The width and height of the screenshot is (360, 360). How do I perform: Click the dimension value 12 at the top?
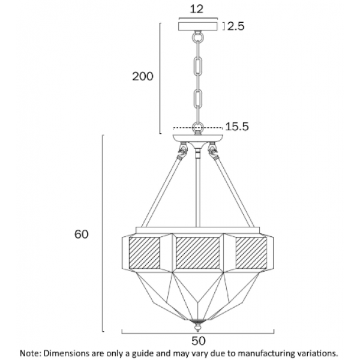[197, 9]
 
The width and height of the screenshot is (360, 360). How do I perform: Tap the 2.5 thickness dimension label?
[236, 26]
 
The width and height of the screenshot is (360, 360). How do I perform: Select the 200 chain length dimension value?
[143, 76]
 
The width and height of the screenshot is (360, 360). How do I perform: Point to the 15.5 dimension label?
[237, 127]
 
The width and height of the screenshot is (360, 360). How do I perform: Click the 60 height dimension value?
[81, 234]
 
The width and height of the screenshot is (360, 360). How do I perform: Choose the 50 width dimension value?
[199, 341]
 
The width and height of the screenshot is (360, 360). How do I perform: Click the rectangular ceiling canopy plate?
[198, 26]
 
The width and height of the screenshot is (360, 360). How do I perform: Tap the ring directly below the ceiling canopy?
[197, 37]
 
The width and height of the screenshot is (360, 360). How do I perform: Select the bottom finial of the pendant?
[197, 326]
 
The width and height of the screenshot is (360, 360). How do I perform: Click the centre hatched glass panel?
[198, 253]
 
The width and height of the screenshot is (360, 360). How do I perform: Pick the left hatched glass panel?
[145, 253]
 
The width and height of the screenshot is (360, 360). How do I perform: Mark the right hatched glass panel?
[251, 253]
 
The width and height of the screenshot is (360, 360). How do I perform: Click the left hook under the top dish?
[183, 151]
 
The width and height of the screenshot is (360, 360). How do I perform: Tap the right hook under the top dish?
[213, 151]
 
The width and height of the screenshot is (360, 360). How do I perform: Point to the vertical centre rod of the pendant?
[197, 188]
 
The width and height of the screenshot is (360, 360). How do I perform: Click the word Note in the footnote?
[29, 354]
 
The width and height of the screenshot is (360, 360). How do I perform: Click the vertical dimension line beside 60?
[103, 233]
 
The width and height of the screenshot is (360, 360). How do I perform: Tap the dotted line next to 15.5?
[198, 128]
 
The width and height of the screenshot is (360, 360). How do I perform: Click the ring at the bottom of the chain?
[197, 127]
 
